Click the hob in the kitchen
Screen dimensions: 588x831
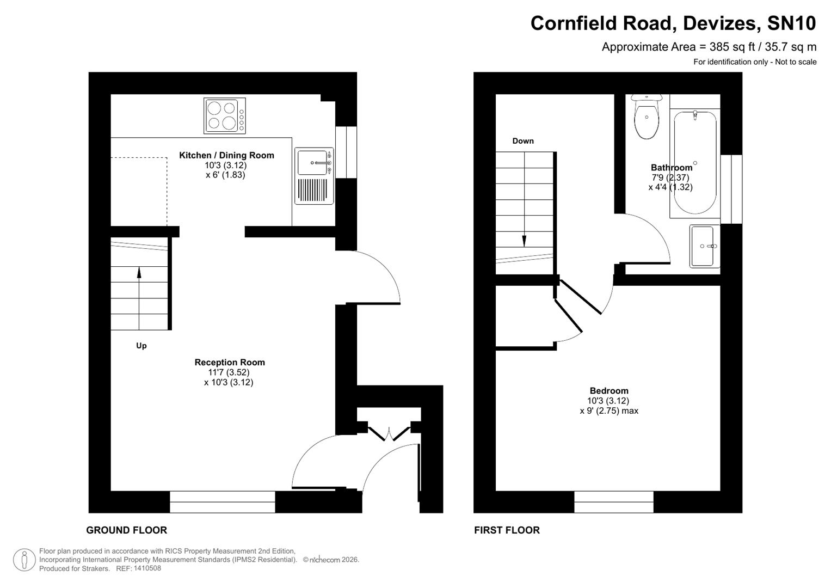[x=225, y=115]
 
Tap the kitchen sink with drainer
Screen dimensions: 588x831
[x=314, y=176]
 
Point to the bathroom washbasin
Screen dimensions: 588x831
[x=704, y=247]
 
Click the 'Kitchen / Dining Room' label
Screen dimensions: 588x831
[x=226, y=155]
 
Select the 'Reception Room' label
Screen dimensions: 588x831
[x=230, y=362]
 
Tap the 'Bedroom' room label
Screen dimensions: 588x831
[x=608, y=390]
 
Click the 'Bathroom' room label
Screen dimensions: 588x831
[x=672, y=168]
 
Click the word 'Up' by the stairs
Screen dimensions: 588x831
[x=141, y=346]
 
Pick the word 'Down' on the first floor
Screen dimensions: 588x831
[x=523, y=141]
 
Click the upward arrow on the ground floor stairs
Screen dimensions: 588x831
[x=139, y=272]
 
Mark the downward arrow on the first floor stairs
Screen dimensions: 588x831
[x=524, y=240]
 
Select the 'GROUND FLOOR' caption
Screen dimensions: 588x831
[x=126, y=530]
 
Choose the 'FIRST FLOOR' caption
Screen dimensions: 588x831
[x=507, y=530]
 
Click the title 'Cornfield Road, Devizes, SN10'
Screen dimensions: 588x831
[x=673, y=23]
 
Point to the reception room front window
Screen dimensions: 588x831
[x=222, y=501]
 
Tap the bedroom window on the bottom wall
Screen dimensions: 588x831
[x=613, y=501]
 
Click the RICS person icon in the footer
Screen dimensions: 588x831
[x=24, y=560]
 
